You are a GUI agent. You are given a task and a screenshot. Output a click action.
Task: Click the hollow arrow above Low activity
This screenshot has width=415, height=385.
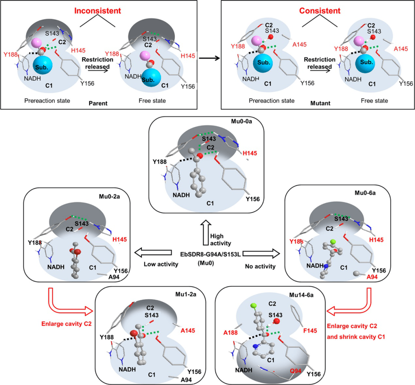(x=153, y=253)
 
